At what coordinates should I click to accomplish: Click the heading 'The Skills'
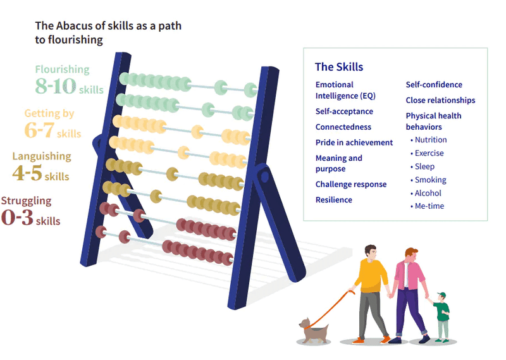point(339,67)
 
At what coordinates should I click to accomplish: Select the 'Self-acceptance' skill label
point(344,111)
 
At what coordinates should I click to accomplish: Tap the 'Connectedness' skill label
point(343,127)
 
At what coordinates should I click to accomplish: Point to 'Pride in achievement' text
point(354,142)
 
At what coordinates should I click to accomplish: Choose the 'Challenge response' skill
point(351,184)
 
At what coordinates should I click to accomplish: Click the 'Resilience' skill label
point(334,200)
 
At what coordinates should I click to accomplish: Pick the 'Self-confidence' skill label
point(434,85)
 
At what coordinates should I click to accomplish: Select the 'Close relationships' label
point(440,100)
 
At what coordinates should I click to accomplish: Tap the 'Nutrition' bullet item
point(429,140)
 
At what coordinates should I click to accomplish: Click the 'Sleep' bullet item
point(423,166)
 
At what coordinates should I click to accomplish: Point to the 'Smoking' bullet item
point(428,180)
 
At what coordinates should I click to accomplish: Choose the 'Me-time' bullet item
point(428,206)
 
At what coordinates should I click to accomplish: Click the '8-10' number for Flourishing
point(56,85)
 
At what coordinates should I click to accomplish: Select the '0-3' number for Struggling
point(18,216)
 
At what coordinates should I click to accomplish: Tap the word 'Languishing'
point(42,156)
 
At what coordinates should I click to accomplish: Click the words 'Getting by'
point(49,113)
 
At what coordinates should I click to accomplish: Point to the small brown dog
point(314,331)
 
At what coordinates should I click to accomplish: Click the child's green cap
point(441,295)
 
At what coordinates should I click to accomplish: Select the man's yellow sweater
point(372,275)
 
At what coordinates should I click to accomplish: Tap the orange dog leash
point(330,310)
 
